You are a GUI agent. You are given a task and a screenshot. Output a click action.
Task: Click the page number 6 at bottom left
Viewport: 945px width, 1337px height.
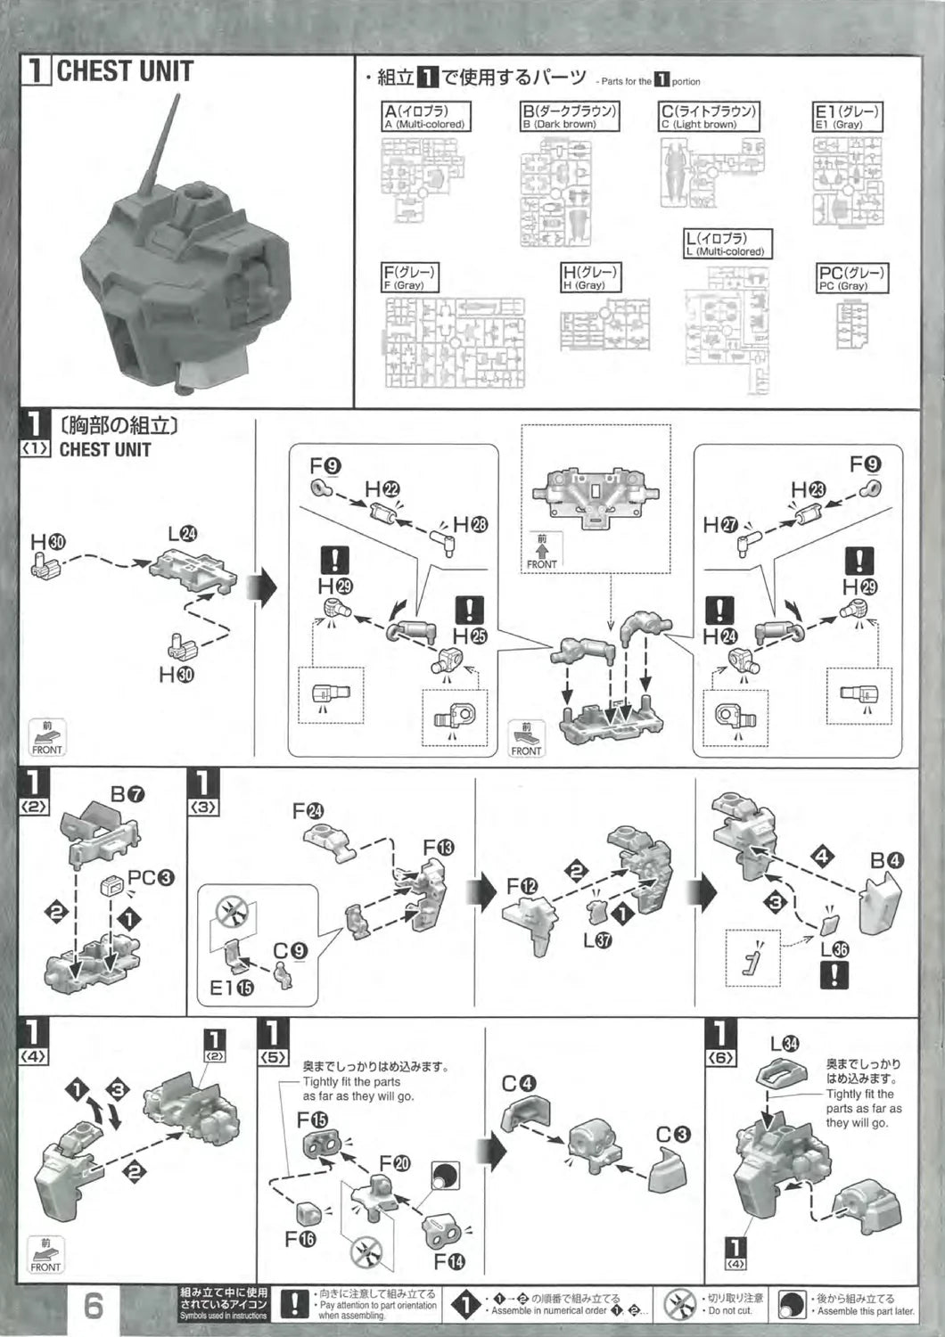(94, 1306)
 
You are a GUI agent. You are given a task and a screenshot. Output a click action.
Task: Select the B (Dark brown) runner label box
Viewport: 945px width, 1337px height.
(571, 117)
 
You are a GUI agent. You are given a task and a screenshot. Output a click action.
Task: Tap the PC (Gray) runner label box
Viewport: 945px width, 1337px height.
(851, 278)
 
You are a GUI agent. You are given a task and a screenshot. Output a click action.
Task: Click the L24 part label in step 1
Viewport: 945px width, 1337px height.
(183, 534)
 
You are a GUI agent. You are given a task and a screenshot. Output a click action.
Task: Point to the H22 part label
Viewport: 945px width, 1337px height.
(382, 488)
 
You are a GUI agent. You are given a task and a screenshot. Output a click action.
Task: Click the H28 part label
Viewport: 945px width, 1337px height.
(471, 524)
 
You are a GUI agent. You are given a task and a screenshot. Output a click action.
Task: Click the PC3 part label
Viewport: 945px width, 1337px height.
(151, 878)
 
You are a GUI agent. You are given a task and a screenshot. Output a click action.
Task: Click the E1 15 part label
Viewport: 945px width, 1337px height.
(232, 988)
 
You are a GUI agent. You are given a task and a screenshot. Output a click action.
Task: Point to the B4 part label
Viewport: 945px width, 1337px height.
(887, 861)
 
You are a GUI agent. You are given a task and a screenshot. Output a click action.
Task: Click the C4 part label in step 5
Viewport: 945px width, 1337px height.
(519, 1084)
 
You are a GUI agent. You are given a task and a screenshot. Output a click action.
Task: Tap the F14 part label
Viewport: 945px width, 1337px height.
(450, 1262)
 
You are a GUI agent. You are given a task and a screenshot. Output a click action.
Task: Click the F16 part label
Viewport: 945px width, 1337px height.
(301, 1239)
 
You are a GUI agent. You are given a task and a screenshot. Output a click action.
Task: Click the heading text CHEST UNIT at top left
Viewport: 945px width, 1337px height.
(125, 71)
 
